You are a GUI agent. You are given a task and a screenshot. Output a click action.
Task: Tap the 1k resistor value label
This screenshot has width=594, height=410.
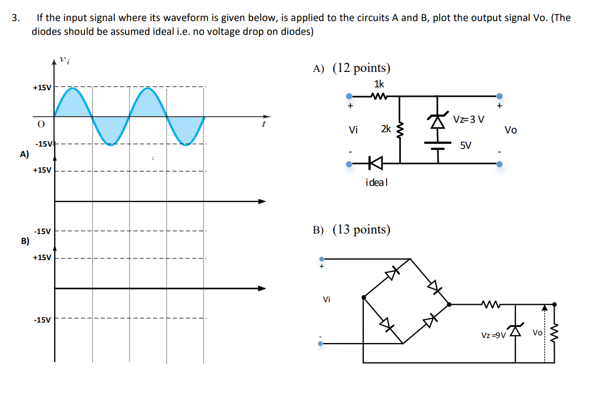(x=379, y=84)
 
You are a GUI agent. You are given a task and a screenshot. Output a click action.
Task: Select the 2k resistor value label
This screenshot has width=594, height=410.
(x=385, y=129)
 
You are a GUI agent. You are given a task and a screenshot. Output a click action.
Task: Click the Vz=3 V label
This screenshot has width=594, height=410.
(x=468, y=119)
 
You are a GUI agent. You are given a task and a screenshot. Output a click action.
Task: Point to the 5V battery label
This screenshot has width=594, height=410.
(x=466, y=146)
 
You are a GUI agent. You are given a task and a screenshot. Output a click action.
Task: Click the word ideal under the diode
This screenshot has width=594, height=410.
(x=377, y=182)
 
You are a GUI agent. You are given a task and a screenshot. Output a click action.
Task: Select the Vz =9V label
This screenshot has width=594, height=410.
(x=493, y=335)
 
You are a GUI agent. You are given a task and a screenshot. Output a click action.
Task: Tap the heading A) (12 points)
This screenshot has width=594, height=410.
(x=351, y=68)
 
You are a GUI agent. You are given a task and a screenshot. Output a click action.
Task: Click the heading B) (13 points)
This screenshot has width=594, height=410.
(x=351, y=230)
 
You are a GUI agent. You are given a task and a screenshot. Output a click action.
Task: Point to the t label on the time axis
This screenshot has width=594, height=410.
(x=264, y=124)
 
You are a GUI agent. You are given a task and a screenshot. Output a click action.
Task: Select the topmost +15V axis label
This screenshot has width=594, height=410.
(x=41, y=87)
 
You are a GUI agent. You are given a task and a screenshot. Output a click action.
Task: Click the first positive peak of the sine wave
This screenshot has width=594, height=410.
(x=74, y=89)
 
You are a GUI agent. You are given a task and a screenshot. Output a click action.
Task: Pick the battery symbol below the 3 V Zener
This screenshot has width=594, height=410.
(x=437, y=145)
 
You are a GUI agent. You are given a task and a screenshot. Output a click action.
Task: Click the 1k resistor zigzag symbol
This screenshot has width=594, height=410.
(x=379, y=96)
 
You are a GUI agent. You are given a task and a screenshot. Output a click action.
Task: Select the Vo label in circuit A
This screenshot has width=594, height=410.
(x=510, y=130)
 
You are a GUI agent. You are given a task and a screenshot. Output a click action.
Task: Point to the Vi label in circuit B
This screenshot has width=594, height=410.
(x=326, y=299)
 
